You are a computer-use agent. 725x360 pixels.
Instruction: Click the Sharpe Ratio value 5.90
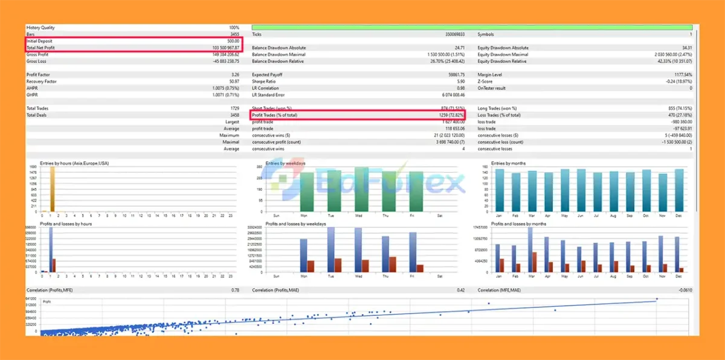click(460, 82)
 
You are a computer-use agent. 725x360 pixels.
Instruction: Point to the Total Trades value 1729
click(234, 108)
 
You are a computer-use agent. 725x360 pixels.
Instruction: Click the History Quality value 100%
click(234, 28)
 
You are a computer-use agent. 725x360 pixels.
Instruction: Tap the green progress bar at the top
click(472, 27)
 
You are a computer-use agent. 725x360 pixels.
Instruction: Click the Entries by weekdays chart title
click(285, 164)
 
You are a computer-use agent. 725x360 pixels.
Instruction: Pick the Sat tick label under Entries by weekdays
click(439, 214)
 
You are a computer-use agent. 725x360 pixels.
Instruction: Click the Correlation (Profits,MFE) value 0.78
click(235, 290)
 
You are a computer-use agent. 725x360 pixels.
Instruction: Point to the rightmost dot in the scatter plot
click(657, 299)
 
